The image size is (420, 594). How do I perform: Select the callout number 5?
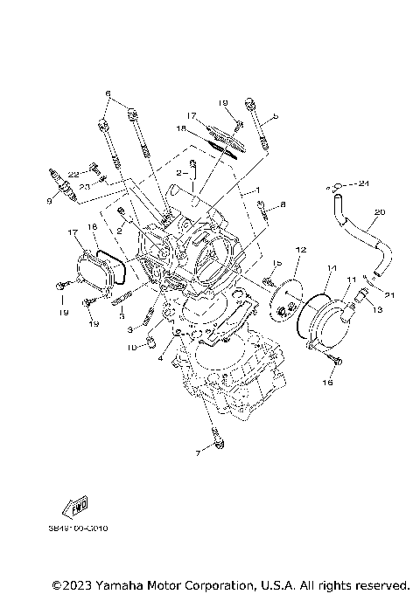click(275, 114)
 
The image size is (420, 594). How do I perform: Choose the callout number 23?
click(84, 185)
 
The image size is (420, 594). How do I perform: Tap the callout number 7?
click(198, 454)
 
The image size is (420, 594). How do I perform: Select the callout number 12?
click(299, 250)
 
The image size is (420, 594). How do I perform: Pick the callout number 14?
click(332, 267)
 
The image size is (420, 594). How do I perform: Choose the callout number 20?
click(379, 212)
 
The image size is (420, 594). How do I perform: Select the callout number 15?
click(276, 263)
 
